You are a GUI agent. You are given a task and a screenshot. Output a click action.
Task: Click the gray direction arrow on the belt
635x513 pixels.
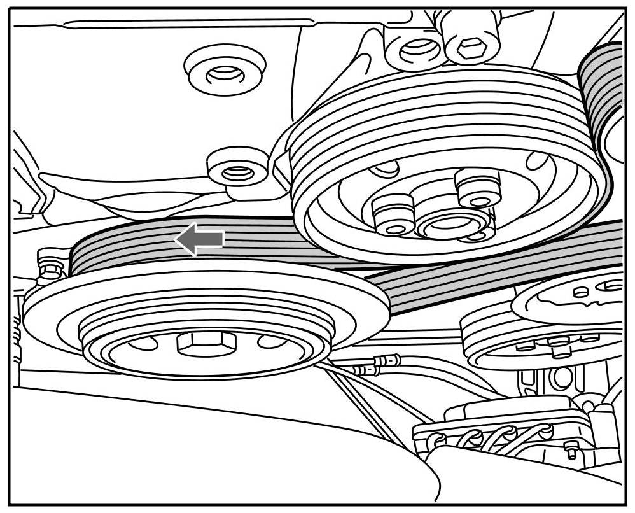200,239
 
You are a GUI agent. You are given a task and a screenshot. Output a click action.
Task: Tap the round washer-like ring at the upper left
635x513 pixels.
224,72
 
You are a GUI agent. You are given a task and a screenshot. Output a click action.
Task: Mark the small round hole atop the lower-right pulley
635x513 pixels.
580,291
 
